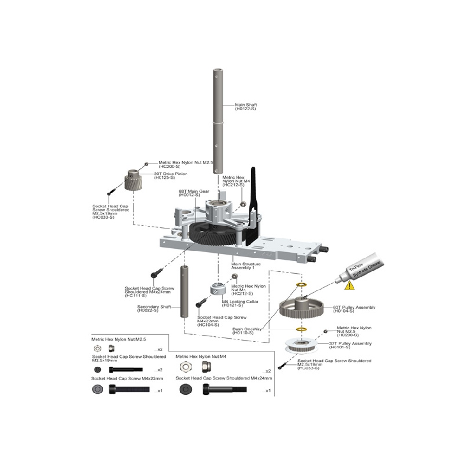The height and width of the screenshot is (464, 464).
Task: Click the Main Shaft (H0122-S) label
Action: (x=245, y=107)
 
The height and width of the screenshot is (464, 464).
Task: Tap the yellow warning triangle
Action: (x=349, y=285)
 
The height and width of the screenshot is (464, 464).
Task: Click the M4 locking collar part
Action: (x=218, y=289)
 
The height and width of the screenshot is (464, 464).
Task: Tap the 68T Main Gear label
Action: (x=194, y=193)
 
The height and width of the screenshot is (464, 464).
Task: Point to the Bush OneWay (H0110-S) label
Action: (x=247, y=331)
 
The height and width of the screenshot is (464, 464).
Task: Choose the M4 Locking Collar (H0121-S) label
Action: (x=240, y=303)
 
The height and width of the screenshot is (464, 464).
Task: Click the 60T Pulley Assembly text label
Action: (x=354, y=309)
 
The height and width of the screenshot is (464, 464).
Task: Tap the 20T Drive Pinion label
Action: (x=164, y=175)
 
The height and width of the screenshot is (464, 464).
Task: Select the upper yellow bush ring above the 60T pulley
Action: (x=302, y=284)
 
